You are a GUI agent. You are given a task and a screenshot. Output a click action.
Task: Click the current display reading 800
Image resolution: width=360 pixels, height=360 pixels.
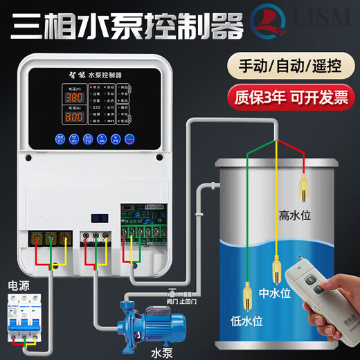coord(75,116)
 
